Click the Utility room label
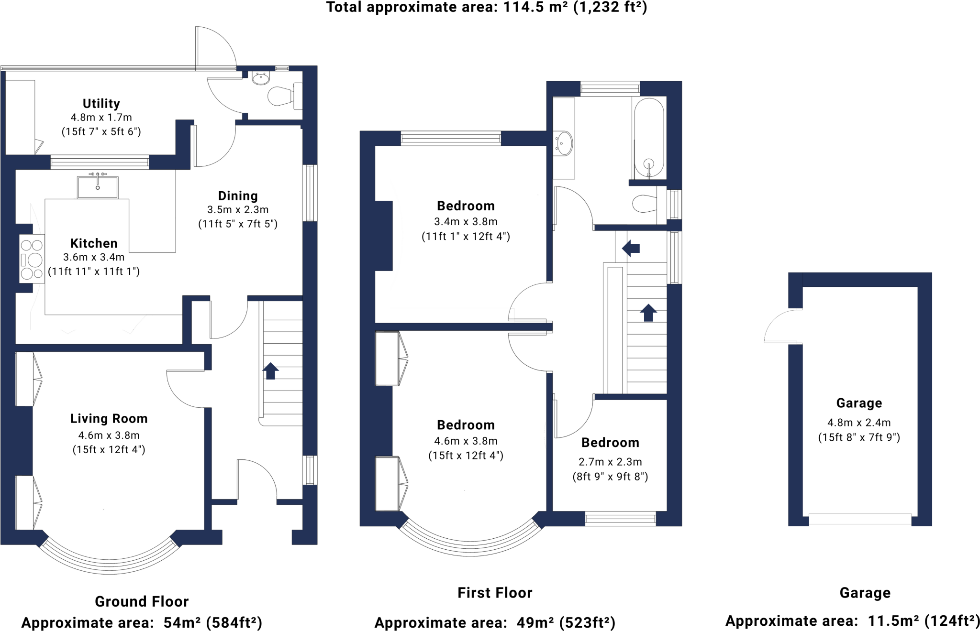101,104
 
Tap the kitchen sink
98,186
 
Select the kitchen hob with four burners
32,259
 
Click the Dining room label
238,196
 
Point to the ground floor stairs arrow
270,370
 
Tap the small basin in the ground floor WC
261,78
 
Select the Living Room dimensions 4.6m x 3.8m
109,435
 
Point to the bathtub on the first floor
649,138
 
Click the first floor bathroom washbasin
564,143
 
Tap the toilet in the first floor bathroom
645,204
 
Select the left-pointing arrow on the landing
631,248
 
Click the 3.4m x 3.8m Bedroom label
466,206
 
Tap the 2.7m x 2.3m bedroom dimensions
610,462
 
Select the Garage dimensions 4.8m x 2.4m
859,423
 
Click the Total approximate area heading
486,7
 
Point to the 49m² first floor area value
535,623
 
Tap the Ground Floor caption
142,601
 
